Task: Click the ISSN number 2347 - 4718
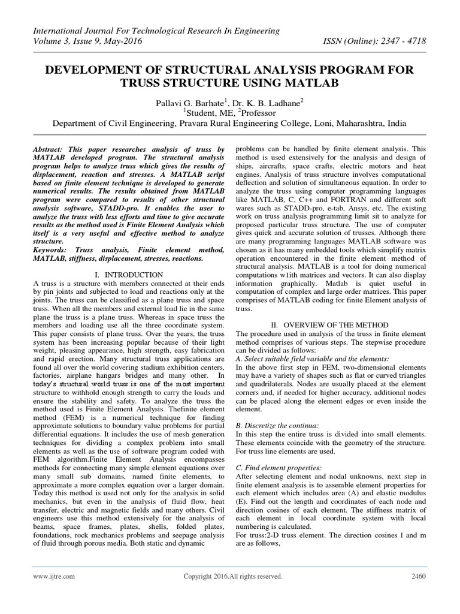403,43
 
